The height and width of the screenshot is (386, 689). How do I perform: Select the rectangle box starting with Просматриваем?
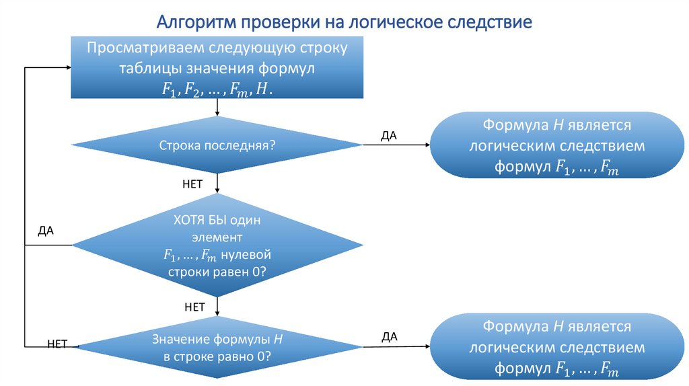click(217, 68)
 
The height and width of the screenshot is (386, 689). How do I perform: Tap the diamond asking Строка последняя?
click(217, 145)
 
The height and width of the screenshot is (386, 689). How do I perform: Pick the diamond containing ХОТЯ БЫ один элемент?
click(217, 246)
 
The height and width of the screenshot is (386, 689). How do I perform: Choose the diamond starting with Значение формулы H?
click(217, 348)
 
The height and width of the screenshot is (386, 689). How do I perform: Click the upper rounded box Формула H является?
click(556, 145)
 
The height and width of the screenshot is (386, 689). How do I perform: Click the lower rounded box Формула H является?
click(556, 348)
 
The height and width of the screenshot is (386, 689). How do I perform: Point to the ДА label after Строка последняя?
click(389, 136)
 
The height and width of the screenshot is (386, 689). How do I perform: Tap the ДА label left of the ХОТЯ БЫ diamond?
click(46, 231)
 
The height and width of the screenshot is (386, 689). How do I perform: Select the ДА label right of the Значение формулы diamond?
click(390, 336)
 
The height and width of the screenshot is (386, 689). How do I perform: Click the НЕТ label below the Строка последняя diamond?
click(192, 184)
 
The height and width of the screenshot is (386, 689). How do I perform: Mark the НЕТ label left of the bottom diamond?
click(58, 344)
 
